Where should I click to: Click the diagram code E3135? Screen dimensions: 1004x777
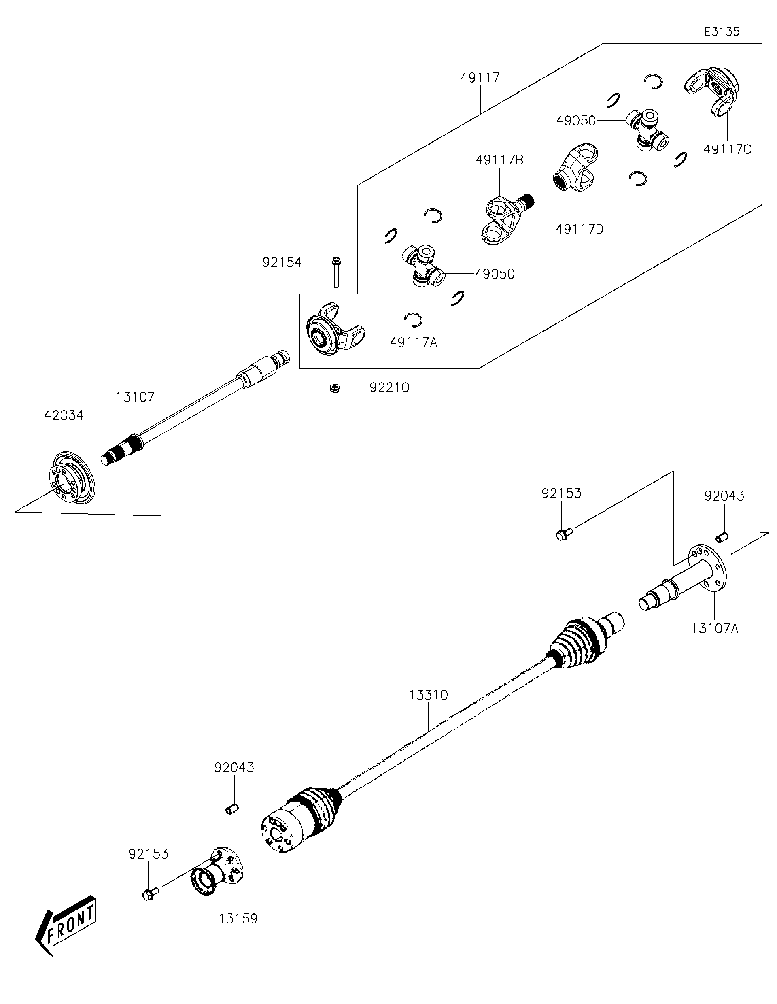(722, 32)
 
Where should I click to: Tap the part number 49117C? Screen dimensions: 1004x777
(727, 149)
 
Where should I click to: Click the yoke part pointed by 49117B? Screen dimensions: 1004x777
(503, 218)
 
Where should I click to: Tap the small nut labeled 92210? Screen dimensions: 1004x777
(335, 388)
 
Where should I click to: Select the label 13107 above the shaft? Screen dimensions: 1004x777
(135, 397)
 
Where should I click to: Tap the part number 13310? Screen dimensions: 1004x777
(428, 695)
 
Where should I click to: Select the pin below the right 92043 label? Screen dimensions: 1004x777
(722, 536)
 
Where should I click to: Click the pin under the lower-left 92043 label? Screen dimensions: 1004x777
(232, 808)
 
